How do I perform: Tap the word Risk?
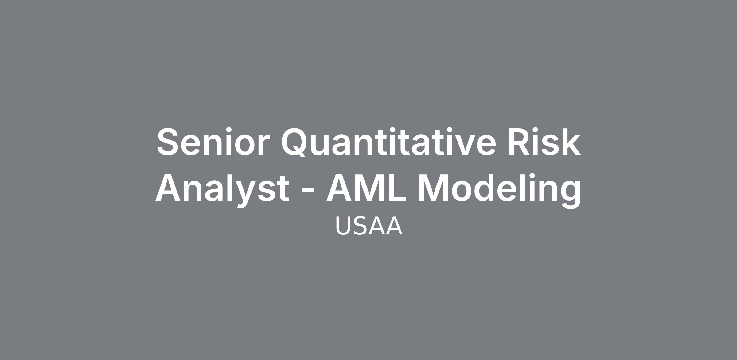(544, 142)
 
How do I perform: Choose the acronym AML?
(366, 188)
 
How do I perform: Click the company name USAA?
(368, 226)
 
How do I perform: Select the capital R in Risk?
(519, 142)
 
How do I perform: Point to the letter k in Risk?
(570, 142)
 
